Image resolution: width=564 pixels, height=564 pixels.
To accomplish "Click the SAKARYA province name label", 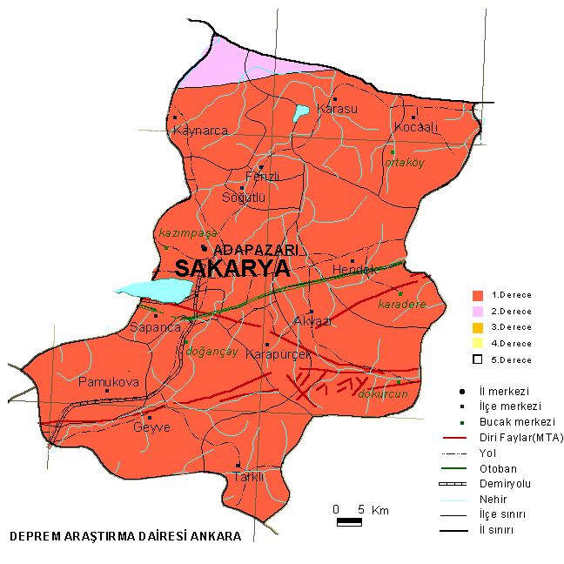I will pyautogui.click(x=232, y=268).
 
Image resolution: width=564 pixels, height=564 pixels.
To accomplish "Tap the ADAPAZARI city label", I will pyautogui.click(x=255, y=250).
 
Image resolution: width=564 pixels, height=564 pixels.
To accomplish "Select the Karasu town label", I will pyautogui.click(x=337, y=109).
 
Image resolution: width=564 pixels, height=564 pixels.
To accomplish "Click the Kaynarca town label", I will pyautogui.click(x=200, y=131).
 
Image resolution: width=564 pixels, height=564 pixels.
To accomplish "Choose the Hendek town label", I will pyautogui.click(x=355, y=271).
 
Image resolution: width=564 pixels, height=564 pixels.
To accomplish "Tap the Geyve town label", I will pyautogui.click(x=151, y=427).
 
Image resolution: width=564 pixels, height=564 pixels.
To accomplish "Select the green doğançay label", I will pyautogui.click(x=212, y=352).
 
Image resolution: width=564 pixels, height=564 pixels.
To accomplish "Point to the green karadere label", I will pyautogui.click(x=402, y=305).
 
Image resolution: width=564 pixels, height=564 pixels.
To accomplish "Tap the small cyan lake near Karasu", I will pyautogui.click(x=300, y=112).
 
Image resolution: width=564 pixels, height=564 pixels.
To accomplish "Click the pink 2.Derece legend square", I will pyautogui.click(x=477, y=311).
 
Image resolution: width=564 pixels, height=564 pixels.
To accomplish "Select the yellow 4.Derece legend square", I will pyautogui.click(x=477, y=343).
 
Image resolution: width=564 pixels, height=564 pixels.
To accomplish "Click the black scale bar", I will pyautogui.click(x=349, y=521).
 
